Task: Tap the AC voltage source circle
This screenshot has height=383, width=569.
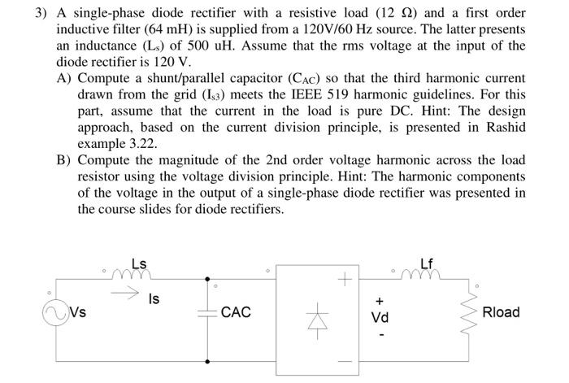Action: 58,312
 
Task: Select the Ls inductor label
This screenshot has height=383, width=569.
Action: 139,263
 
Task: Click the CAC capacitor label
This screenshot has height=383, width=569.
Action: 236,312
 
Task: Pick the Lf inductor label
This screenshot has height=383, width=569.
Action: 428,263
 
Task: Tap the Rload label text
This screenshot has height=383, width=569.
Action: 501,312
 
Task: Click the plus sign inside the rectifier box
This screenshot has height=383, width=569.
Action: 345,281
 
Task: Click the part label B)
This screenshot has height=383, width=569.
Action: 64,159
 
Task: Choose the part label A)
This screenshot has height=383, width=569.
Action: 64,79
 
